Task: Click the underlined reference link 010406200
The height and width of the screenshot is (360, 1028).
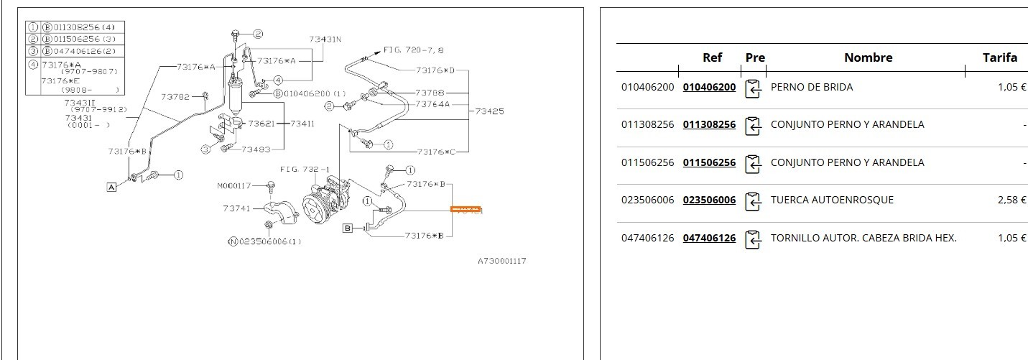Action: click(x=709, y=87)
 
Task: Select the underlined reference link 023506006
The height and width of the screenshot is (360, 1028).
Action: click(x=709, y=200)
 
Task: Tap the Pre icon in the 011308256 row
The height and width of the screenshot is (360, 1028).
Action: click(x=753, y=126)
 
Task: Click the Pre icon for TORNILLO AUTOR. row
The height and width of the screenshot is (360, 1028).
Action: click(x=753, y=239)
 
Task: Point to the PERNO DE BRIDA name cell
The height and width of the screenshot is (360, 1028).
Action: click(x=811, y=87)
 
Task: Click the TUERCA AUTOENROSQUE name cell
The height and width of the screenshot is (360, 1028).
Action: click(x=832, y=200)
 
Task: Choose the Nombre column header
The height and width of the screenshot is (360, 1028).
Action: click(x=868, y=57)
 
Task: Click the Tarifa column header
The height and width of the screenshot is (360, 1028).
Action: click(x=1000, y=57)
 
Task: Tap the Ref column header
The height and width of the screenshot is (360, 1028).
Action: click(x=712, y=57)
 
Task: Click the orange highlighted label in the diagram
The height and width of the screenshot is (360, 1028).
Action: click(x=466, y=210)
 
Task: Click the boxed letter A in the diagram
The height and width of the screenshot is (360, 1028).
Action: click(x=111, y=187)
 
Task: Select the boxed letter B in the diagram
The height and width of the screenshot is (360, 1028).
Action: click(x=348, y=229)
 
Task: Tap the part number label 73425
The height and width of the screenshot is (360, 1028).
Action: click(x=490, y=111)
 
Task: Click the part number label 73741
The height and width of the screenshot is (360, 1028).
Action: click(x=236, y=208)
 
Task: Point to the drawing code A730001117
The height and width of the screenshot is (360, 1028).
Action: click(x=502, y=261)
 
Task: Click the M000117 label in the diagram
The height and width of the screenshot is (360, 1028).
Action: click(x=234, y=186)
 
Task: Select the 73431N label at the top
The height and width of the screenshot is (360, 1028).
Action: click(x=325, y=40)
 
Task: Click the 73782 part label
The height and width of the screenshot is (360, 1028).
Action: click(x=175, y=96)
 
